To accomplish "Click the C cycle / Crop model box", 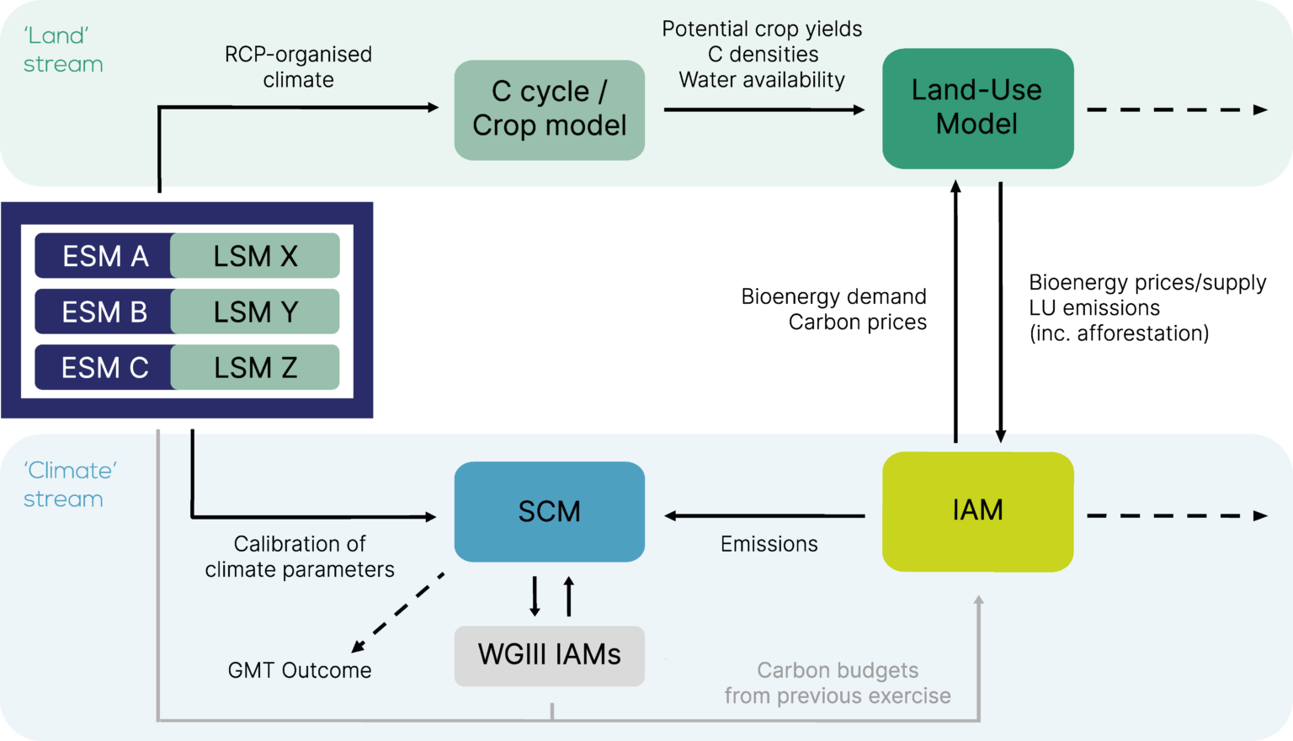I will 549,109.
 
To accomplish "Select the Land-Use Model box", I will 977,108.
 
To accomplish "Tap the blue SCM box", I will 549,511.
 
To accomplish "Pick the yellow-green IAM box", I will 977,511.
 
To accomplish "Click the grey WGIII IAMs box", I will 549,655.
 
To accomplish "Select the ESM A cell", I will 104,256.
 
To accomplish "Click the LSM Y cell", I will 255,312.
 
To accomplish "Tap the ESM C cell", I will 104,367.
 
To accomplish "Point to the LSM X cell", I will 255,256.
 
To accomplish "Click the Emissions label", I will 769,545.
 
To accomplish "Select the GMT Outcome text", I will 299,670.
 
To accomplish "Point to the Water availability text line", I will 761,80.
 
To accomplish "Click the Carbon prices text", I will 857,323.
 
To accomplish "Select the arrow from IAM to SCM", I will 764,515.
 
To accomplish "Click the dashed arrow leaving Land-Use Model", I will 1176,109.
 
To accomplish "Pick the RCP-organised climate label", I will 298,67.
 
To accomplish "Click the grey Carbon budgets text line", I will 837,670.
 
